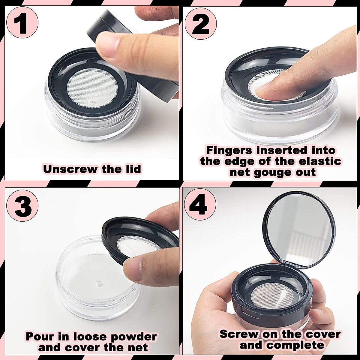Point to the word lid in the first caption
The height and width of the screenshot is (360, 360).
(131, 169)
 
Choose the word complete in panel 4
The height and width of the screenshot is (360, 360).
(295, 345)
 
